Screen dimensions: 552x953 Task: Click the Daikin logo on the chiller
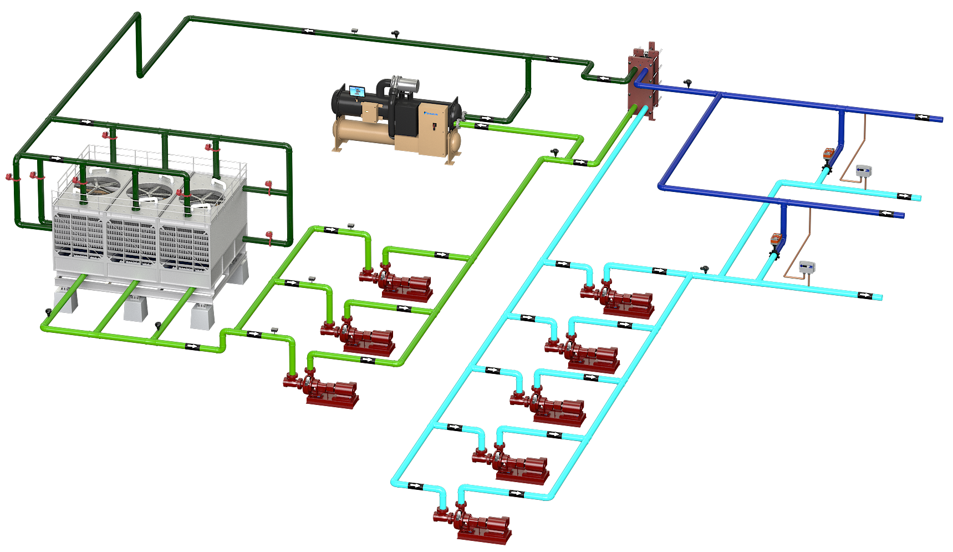point(431,113)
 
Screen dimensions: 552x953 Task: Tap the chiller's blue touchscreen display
point(356,91)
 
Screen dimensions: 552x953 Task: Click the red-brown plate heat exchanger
point(643,83)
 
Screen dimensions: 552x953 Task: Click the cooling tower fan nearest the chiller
point(202,196)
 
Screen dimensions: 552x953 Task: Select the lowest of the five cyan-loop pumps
point(471,521)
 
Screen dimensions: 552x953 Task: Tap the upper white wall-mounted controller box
point(864,171)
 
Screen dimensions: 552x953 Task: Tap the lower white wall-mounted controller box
point(807,267)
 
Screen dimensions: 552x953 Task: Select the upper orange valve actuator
point(828,154)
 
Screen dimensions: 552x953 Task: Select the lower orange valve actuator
point(776,240)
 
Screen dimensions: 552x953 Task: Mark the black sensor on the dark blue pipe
point(688,83)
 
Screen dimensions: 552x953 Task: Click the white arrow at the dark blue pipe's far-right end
point(922,117)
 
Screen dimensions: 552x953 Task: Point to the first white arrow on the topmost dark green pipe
point(308,31)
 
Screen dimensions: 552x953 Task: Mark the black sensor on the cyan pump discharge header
point(705,269)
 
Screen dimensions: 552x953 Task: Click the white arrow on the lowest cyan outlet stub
point(864,295)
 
